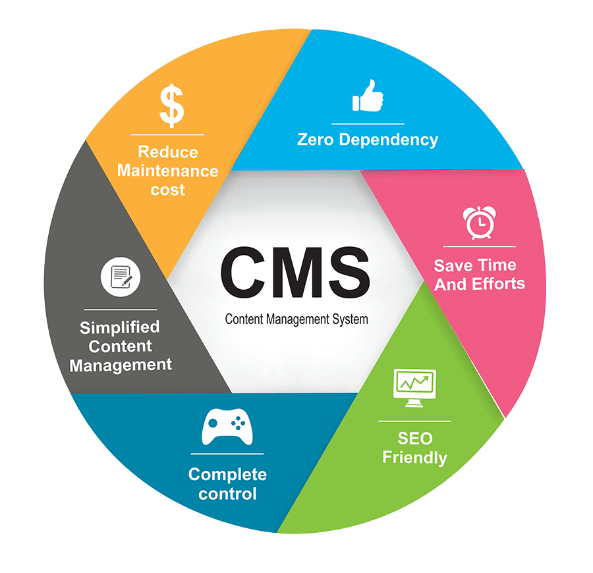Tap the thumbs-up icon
[368, 96]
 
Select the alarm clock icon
[479, 222]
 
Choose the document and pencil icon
[121, 277]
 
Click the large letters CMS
[295, 271]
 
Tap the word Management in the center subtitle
[297, 319]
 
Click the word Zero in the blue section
[316, 140]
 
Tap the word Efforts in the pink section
[498, 285]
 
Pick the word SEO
[414, 438]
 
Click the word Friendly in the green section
[414, 457]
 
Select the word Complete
[227, 474]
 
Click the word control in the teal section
[227, 493]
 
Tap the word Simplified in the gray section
[120, 327]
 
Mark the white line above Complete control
[227, 454]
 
